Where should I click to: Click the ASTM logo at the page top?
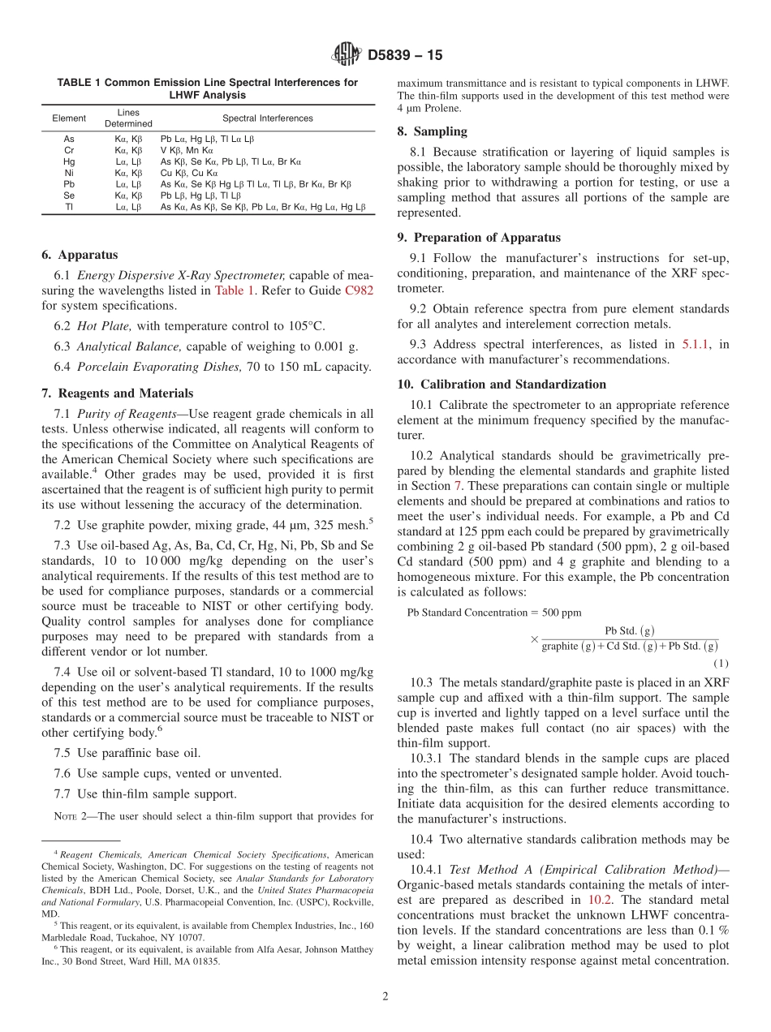pos(347,55)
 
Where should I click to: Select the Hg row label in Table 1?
pos(69,161)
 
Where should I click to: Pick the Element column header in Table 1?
pos(69,118)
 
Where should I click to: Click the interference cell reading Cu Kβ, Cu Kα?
pos(189,173)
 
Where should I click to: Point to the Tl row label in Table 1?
pos(69,207)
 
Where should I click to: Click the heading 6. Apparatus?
pos(80,255)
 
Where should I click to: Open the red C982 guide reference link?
pos(359,290)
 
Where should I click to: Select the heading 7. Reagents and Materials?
pos(117,393)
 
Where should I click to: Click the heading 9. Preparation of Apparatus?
pos(479,238)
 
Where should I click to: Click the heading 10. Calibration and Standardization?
pos(502,384)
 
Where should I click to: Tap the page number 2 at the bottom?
pos(385,997)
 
